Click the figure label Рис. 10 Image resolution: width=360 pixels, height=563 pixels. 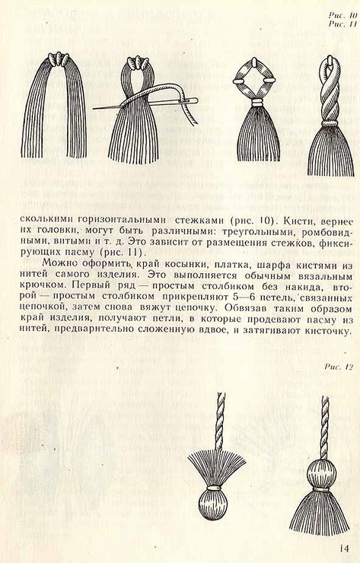click(x=343, y=15)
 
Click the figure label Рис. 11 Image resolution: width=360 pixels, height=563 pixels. click(x=343, y=24)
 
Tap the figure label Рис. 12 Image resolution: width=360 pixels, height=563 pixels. click(x=339, y=367)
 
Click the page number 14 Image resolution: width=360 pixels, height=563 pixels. click(x=344, y=549)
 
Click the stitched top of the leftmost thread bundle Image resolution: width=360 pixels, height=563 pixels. click(x=59, y=58)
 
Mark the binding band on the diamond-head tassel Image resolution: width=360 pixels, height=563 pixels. click(x=256, y=103)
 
